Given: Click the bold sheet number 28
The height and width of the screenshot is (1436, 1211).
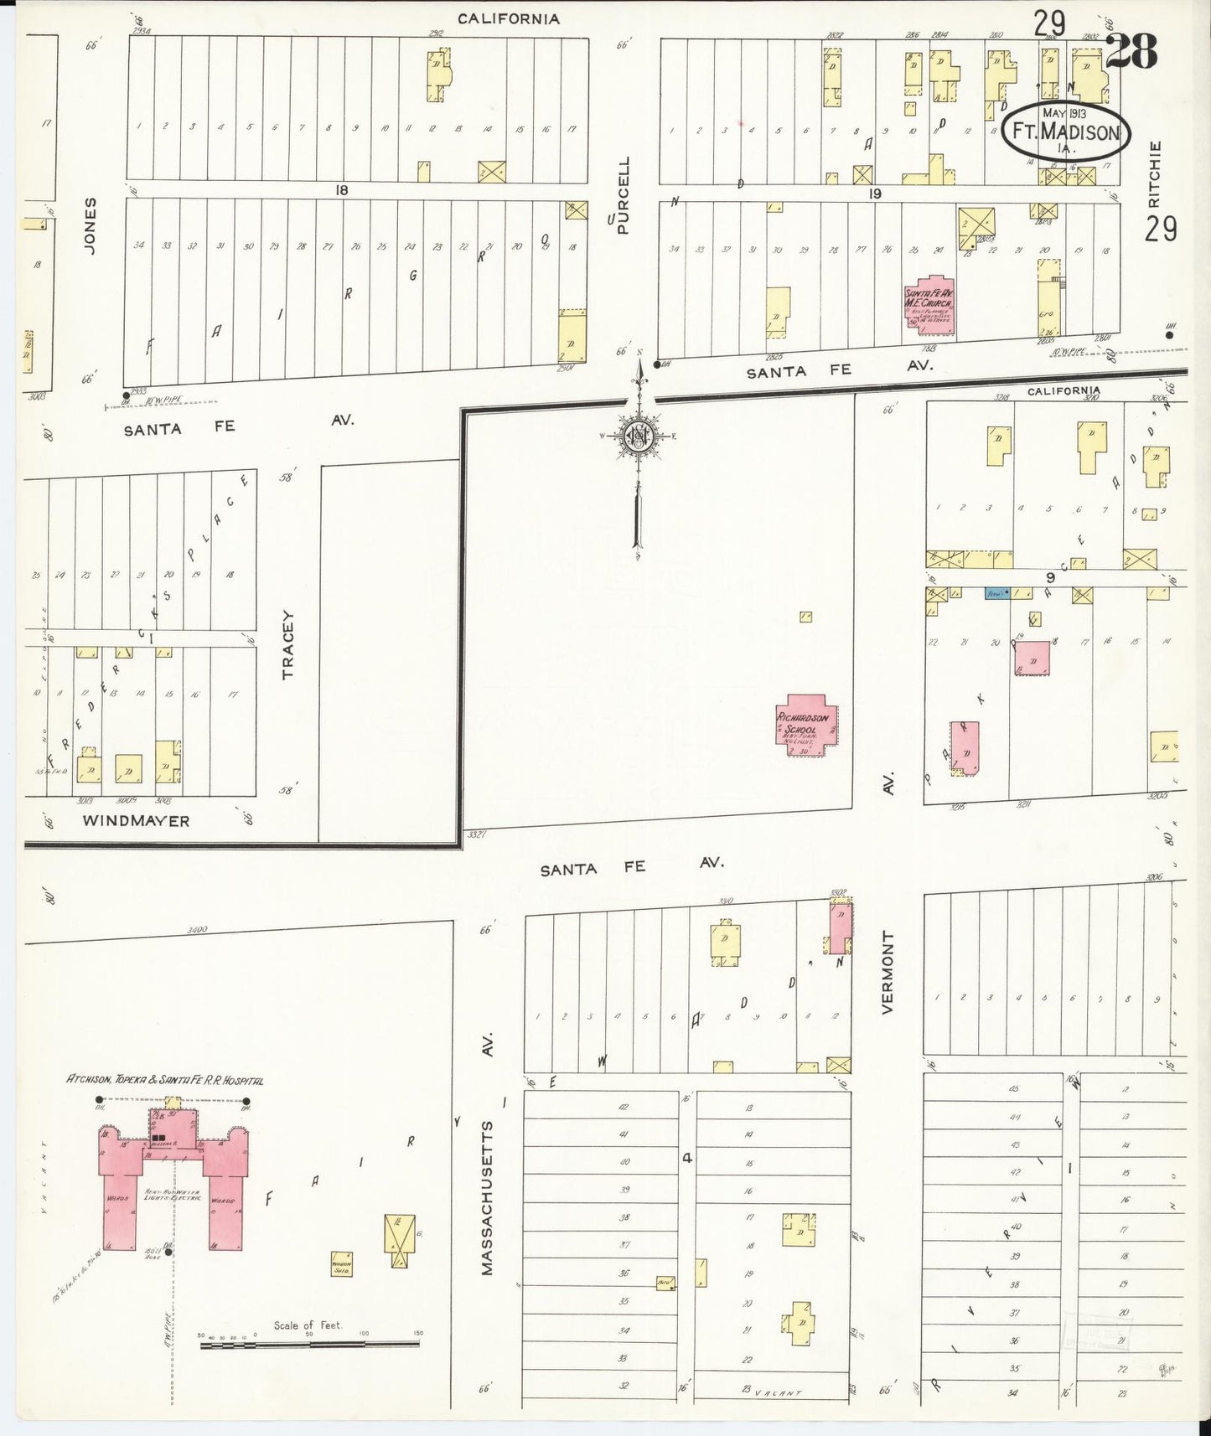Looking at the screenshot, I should [1131, 52].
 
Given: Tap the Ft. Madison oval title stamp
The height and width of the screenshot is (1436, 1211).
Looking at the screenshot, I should [1065, 132].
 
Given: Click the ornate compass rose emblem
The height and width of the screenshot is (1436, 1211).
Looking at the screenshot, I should [638, 436].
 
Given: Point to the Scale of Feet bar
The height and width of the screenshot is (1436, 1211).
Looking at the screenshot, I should [309, 1344].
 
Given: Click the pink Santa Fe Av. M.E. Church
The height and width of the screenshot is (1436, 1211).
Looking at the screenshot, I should [930, 305].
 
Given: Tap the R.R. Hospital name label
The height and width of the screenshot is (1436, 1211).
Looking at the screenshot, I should [165, 1081].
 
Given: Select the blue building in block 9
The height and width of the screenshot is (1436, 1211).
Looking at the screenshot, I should [996, 593].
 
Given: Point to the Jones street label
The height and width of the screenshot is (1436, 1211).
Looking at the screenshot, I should [91, 226].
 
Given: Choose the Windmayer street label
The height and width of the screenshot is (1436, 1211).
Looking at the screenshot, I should [137, 821].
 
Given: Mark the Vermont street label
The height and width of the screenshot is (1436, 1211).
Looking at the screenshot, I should [888, 972].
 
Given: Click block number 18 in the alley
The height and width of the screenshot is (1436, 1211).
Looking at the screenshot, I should [341, 190].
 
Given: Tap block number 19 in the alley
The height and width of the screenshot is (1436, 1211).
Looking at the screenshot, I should [876, 194].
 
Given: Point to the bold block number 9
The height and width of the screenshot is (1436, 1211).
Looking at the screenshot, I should [1048, 576].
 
